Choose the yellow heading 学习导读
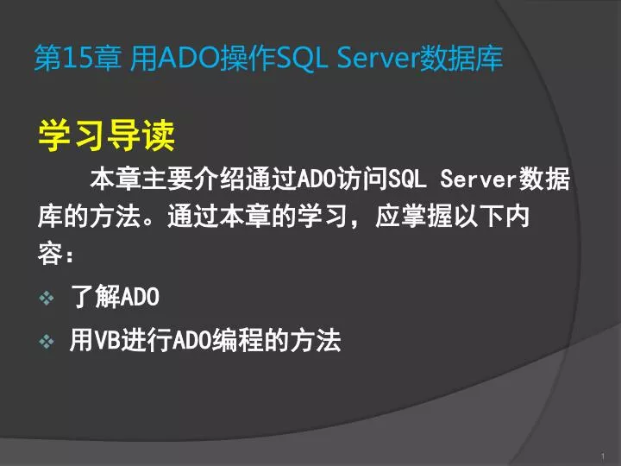pyautogui.click(x=106, y=135)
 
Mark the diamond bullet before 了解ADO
pyautogui.click(x=47, y=299)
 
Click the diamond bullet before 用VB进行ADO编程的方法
pyautogui.click(x=47, y=343)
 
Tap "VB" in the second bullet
pyautogui.click(x=104, y=343)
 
